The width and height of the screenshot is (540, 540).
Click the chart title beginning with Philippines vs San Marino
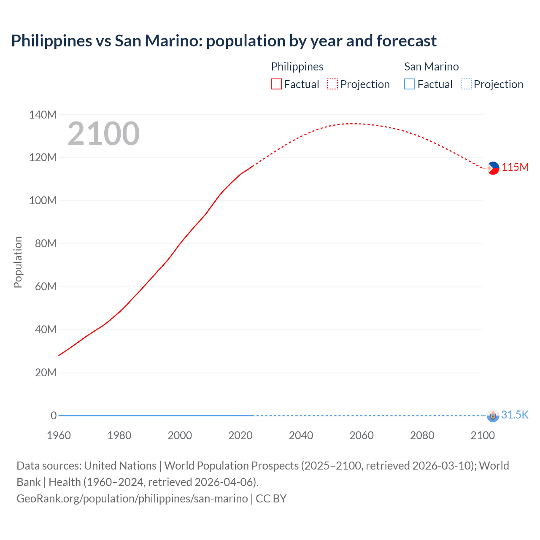point(224,41)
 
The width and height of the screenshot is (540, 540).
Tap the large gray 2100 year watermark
point(103,134)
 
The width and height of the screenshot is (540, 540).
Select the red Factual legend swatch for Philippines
point(276,84)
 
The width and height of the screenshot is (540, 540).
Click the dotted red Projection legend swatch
point(332,84)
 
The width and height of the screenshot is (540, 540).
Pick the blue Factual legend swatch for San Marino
point(409,84)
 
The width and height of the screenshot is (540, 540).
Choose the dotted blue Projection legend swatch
point(466,84)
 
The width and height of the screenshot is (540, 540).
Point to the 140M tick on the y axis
point(43,115)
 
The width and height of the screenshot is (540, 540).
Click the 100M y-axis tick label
point(43,200)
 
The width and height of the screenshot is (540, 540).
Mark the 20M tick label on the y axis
point(46,373)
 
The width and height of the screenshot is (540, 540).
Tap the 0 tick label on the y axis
point(54,416)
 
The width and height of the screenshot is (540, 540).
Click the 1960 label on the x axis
point(59,435)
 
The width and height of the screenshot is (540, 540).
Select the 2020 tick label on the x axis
point(240,435)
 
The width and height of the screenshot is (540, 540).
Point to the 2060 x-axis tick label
point(362,435)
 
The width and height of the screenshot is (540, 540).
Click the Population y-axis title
point(18,262)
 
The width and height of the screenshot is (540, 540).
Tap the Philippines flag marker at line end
point(493,168)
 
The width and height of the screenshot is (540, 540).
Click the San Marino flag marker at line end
point(493,416)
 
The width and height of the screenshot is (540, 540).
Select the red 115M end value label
point(515,167)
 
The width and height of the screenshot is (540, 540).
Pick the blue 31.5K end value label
point(515,415)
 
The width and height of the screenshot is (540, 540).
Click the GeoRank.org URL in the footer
point(132,498)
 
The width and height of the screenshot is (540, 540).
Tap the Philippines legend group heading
point(297,67)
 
